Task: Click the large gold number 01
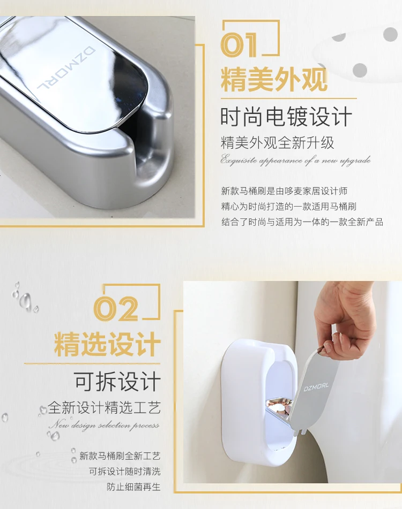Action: [240, 45]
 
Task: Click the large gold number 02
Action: [116, 309]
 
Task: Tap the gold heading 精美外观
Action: [274, 80]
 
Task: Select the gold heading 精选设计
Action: [107, 344]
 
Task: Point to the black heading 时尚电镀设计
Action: [286, 117]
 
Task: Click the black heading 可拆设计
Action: [117, 382]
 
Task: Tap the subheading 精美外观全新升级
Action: [278, 143]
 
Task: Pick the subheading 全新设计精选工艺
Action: [105, 408]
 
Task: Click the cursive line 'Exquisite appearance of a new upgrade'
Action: [295, 161]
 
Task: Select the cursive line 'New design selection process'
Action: [104, 425]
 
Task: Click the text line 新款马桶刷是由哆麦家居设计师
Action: [285, 191]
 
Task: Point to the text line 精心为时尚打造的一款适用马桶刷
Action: [288, 207]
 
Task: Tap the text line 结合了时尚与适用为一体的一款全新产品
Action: [302, 222]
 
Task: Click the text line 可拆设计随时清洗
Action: [125, 472]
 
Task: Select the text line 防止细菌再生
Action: [133, 487]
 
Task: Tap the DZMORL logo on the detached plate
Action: [316, 387]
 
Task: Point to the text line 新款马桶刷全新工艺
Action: [120, 456]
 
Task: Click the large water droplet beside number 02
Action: [25, 301]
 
